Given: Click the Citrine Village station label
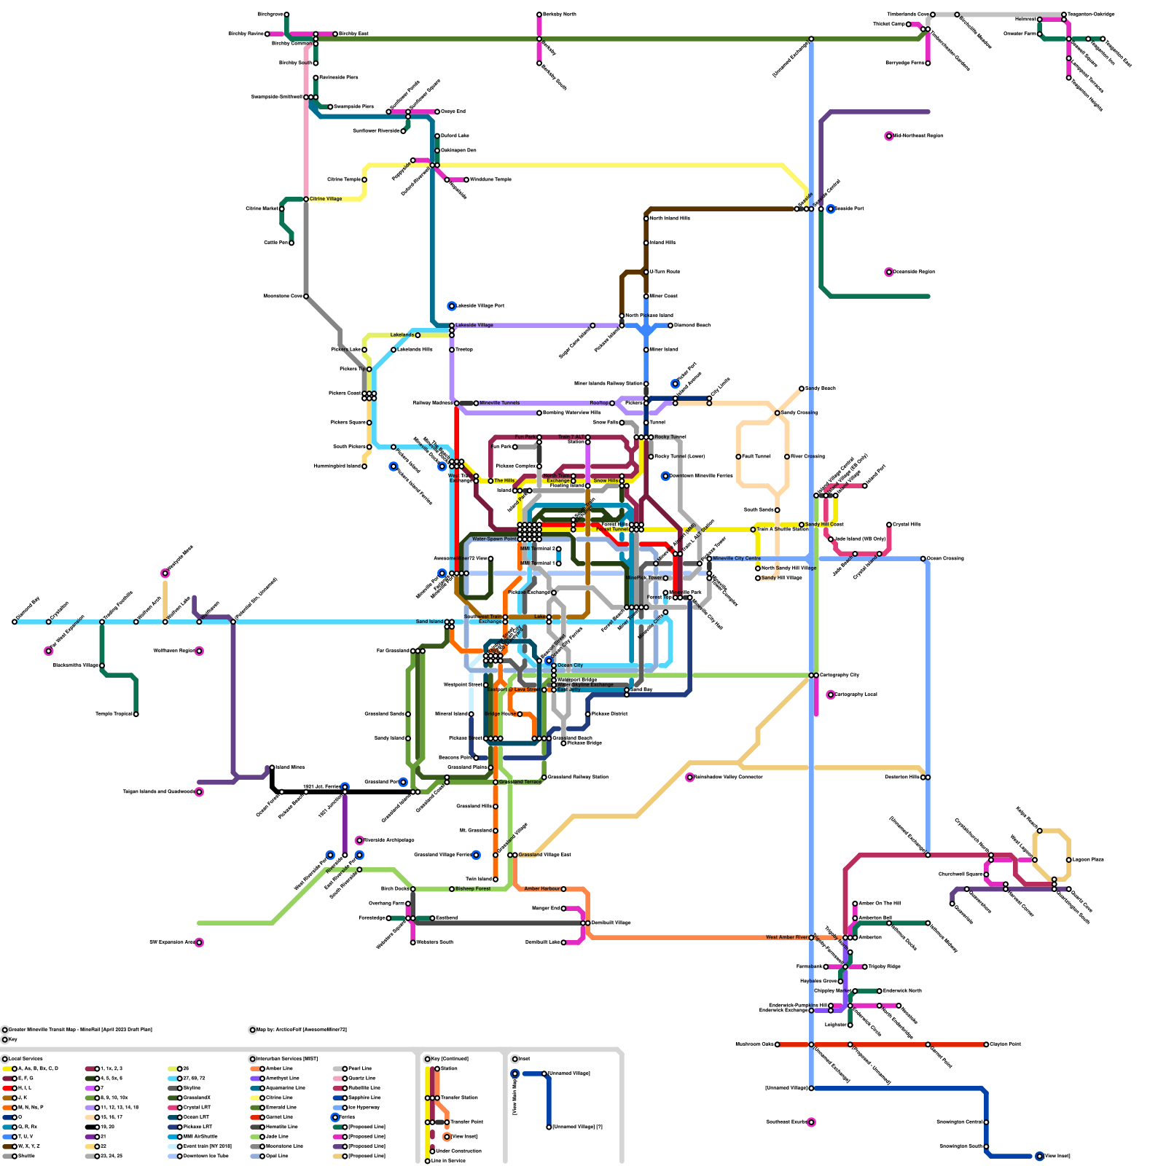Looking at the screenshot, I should (x=326, y=199).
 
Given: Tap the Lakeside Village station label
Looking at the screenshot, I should (x=474, y=325).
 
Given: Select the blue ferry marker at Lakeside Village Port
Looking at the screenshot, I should (x=452, y=306).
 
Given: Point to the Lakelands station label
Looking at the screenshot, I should (x=402, y=335).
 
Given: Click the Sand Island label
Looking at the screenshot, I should (x=429, y=622).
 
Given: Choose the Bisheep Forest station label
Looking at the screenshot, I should (x=473, y=889).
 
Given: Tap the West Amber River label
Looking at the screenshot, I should (x=787, y=937).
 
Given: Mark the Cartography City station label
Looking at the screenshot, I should (x=840, y=675).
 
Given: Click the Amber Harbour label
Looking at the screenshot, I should (x=542, y=889).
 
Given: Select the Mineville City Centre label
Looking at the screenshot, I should (x=737, y=558).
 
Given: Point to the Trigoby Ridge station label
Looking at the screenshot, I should (x=885, y=966).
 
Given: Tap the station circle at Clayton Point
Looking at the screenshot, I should (x=987, y=1044).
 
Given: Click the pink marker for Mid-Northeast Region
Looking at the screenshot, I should (x=889, y=136).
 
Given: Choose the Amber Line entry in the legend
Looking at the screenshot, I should (x=279, y=1068).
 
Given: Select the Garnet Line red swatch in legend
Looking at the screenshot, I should (x=255, y=1117).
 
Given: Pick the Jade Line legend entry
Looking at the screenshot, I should (x=277, y=1137).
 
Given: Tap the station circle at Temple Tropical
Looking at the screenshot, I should (x=136, y=714).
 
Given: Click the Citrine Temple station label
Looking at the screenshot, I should (x=344, y=179).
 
